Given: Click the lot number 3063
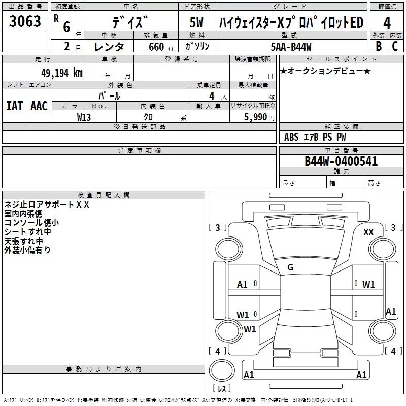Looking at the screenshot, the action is (25, 22).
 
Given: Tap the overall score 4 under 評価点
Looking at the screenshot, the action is (387, 23).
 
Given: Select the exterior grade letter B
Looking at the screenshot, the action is (379, 46).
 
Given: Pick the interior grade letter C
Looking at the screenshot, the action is (395, 46).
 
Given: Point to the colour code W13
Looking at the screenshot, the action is (84, 116).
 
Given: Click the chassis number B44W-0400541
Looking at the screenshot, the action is (341, 161).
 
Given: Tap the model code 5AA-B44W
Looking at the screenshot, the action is (292, 46).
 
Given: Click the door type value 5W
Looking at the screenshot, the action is (197, 23).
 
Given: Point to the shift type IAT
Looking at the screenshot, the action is (14, 106).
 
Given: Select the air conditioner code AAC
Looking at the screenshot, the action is (39, 106).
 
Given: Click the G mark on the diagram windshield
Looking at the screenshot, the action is (290, 267).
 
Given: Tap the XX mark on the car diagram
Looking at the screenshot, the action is (368, 232).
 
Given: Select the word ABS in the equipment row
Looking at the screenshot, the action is (291, 137).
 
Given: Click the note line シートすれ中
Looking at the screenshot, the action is (27, 231).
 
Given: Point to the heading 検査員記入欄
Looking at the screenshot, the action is (104, 195).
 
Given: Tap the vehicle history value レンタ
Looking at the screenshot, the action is (110, 47).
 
